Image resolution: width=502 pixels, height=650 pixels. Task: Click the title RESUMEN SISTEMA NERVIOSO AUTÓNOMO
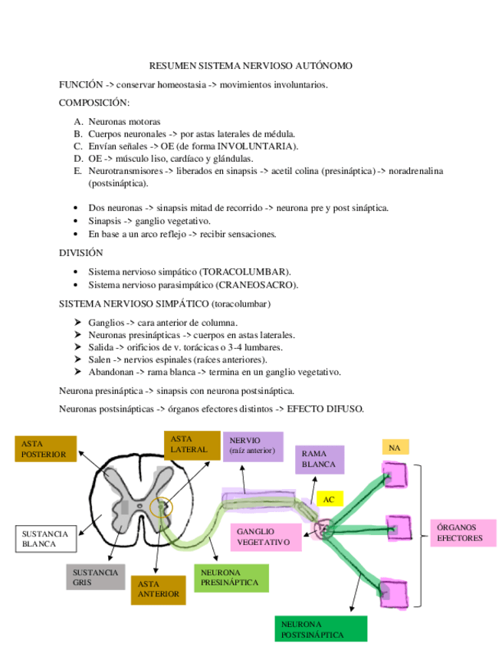pyautogui.click(x=251, y=67)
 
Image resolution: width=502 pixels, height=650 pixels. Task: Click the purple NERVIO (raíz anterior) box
pyautogui.click(x=252, y=445)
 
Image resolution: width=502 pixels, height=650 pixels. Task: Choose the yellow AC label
pyautogui.click(x=330, y=499)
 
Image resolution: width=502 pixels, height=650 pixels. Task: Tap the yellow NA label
pyautogui.click(x=395, y=447)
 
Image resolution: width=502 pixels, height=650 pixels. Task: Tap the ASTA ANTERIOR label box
pyautogui.click(x=159, y=589)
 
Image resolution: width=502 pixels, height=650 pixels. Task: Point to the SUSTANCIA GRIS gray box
pyautogui.click(x=95, y=577)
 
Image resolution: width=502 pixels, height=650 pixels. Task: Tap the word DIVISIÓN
pyautogui.click(x=81, y=252)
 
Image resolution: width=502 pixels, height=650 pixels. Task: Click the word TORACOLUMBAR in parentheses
pyautogui.click(x=245, y=271)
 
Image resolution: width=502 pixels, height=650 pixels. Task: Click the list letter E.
pyautogui.click(x=78, y=171)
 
